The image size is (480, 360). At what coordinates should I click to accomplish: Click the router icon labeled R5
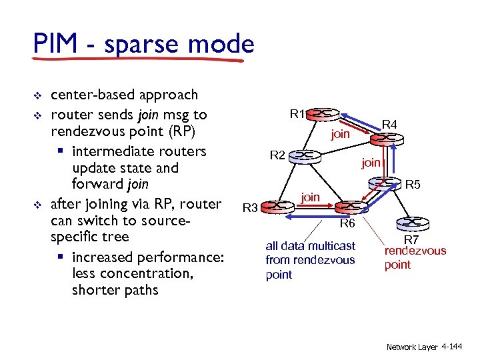click(x=387, y=182)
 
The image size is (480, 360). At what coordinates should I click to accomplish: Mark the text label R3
click(x=250, y=209)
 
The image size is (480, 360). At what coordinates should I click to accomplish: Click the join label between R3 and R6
click(x=310, y=197)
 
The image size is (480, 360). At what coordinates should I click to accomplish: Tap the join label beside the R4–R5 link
click(x=371, y=162)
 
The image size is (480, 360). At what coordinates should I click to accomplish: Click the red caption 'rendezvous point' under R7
click(x=415, y=258)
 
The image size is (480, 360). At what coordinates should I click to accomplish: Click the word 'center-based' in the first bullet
click(x=89, y=95)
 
